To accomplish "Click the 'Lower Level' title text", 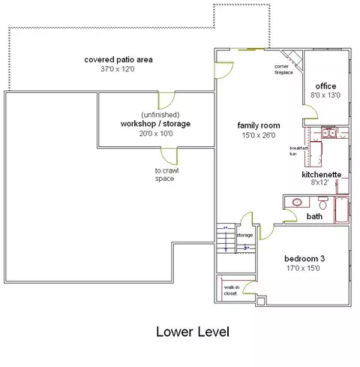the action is click(193, 332).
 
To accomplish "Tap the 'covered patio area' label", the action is click(118, 60).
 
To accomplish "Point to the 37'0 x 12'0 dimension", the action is click(118, 69).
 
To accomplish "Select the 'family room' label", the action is click(259, 125).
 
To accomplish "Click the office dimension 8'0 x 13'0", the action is click(325, 95).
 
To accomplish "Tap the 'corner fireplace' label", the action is click(283, 70).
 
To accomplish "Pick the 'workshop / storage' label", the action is click(155, 124).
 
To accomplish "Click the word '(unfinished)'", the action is click(160, 115).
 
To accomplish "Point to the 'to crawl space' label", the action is click(166, 175).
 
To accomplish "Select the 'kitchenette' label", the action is click(322, 174).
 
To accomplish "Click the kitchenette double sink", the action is click(328, 133).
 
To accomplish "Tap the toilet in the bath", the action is click(323, 203).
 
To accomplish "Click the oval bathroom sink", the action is click(297, 202).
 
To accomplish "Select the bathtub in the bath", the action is click(342, 210).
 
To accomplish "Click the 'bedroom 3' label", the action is click(304, 258).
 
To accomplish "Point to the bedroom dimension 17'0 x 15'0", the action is click(303, 268).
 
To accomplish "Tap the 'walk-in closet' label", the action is click(231, 290).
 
